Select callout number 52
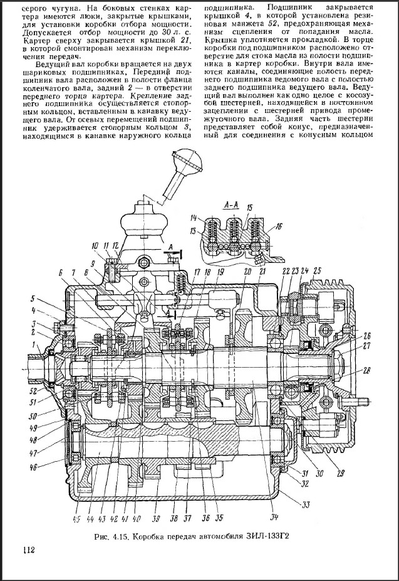[33, 391]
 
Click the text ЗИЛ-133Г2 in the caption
[273, 537]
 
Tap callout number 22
[286, 270]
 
